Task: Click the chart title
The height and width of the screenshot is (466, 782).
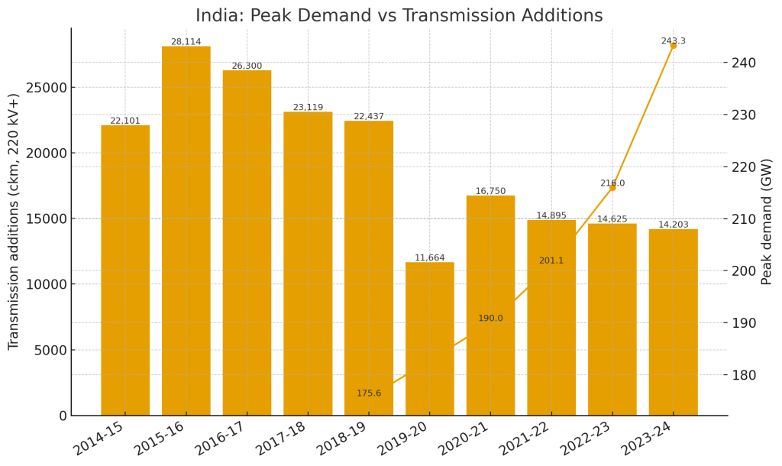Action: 399,16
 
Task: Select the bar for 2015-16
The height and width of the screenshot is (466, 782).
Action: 186,229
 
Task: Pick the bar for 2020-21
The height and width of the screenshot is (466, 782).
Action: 490,306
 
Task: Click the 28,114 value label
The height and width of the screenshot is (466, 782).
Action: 186,42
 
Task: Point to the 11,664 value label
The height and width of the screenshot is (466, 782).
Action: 429,258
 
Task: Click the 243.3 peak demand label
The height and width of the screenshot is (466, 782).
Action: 673,41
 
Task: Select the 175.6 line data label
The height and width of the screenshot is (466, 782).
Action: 369,393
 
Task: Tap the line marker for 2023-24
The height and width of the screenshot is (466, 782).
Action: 674,46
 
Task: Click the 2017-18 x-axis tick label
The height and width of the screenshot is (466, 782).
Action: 281,438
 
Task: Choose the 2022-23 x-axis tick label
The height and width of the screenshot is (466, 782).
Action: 586,438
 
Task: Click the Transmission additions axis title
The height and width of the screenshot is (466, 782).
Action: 15,222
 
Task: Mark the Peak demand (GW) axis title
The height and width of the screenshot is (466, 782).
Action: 767,222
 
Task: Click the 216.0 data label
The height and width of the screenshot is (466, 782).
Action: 612,183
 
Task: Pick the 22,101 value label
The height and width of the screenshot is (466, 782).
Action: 125,121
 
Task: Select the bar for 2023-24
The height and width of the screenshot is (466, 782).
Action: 673,321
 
